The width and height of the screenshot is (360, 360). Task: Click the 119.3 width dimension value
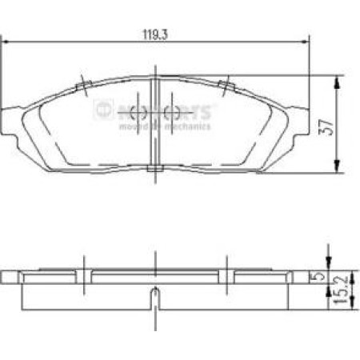[x=154, y=34]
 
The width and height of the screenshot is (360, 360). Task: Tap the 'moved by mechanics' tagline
[x=164, y=126]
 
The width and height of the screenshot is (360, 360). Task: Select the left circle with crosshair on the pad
[x=133, y=111]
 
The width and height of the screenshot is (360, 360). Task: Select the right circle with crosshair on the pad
[x=169, y=112]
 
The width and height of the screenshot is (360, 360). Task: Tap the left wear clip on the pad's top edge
[x=82, y=86]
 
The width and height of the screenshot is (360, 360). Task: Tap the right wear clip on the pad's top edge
[x=226, y=86]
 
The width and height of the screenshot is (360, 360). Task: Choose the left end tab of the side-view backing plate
[x=10, y=278]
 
